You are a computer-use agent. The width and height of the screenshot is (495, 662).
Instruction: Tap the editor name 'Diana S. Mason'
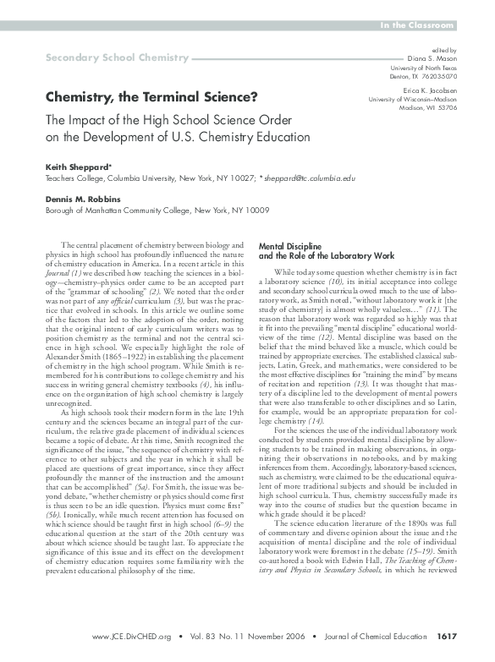click(x=437, y=58)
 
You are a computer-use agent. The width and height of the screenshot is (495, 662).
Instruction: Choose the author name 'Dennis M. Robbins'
click(x=84, y=199)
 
